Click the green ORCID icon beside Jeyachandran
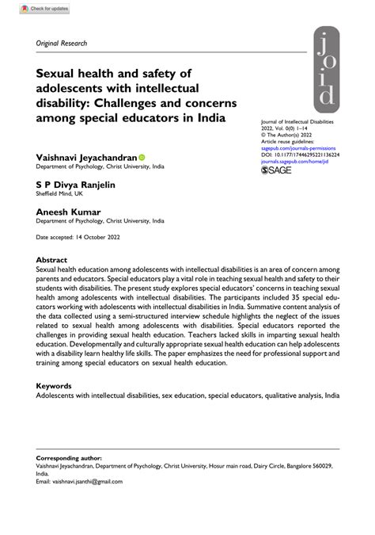point(142,158)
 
